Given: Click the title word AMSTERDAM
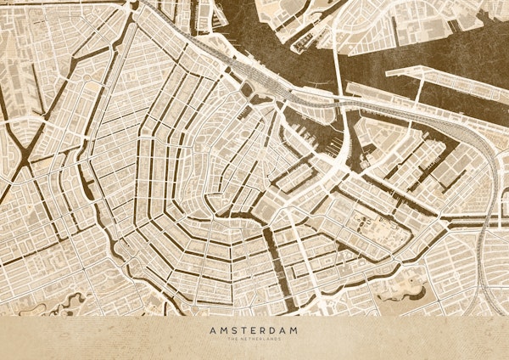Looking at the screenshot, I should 254,330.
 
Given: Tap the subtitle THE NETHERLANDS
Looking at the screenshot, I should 254,340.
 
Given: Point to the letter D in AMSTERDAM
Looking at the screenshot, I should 274,330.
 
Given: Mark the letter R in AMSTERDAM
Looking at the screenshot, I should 264,330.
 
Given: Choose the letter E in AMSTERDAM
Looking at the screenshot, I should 253,330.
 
